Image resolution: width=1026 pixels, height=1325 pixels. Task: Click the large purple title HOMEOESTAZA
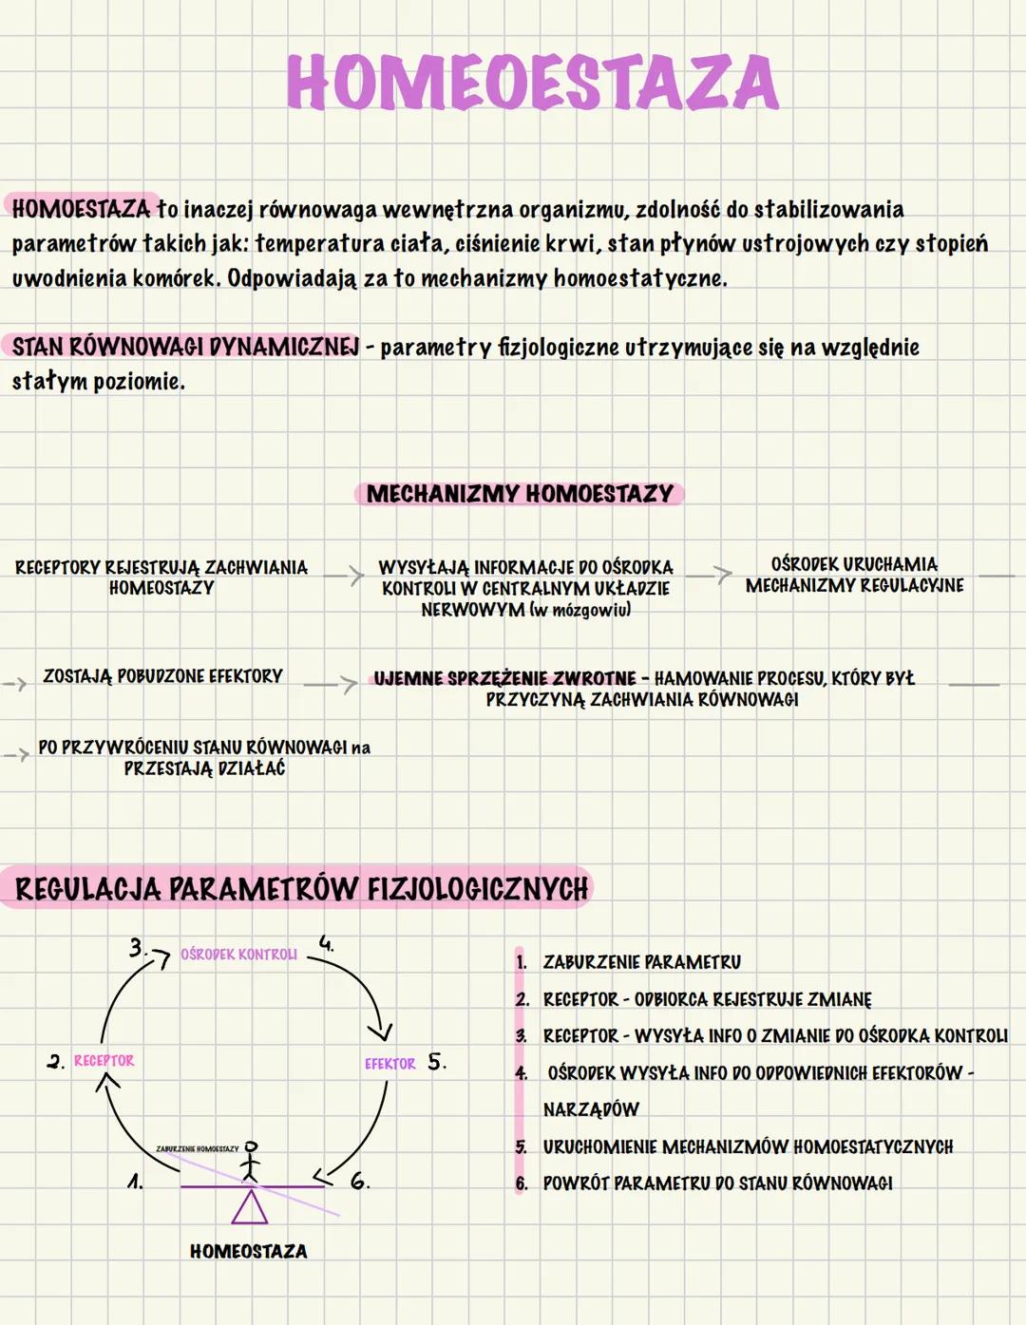532,83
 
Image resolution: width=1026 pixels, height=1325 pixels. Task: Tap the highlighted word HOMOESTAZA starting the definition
82,208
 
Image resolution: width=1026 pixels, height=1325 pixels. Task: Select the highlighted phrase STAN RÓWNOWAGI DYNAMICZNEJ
185,347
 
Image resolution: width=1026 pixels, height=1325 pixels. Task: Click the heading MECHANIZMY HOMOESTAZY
520,494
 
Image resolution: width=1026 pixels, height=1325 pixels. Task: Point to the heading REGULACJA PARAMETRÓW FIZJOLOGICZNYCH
302,889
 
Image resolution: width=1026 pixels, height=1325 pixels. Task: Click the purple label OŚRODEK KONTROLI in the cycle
238,955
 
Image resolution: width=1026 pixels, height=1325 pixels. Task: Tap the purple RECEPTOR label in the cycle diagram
104,1061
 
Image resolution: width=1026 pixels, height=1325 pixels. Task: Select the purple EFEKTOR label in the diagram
389,1064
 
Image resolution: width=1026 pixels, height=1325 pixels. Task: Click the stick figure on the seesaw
250,1161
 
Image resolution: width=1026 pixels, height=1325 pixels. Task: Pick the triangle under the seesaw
250,1207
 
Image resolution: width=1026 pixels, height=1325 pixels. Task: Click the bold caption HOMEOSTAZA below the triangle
248,1252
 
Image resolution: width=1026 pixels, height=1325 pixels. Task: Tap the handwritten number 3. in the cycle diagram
139,947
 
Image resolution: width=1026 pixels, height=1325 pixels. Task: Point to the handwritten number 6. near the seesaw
359,1182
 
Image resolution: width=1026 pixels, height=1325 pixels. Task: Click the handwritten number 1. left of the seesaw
135,1182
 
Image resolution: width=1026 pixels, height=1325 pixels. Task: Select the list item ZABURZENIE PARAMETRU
641,962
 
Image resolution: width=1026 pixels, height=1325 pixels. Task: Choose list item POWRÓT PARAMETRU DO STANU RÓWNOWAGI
717,1183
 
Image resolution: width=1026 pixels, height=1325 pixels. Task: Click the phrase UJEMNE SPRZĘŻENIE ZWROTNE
504,678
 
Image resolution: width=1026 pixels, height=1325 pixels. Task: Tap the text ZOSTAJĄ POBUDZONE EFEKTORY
162,676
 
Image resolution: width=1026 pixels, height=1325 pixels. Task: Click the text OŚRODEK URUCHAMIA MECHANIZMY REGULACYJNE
854,575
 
